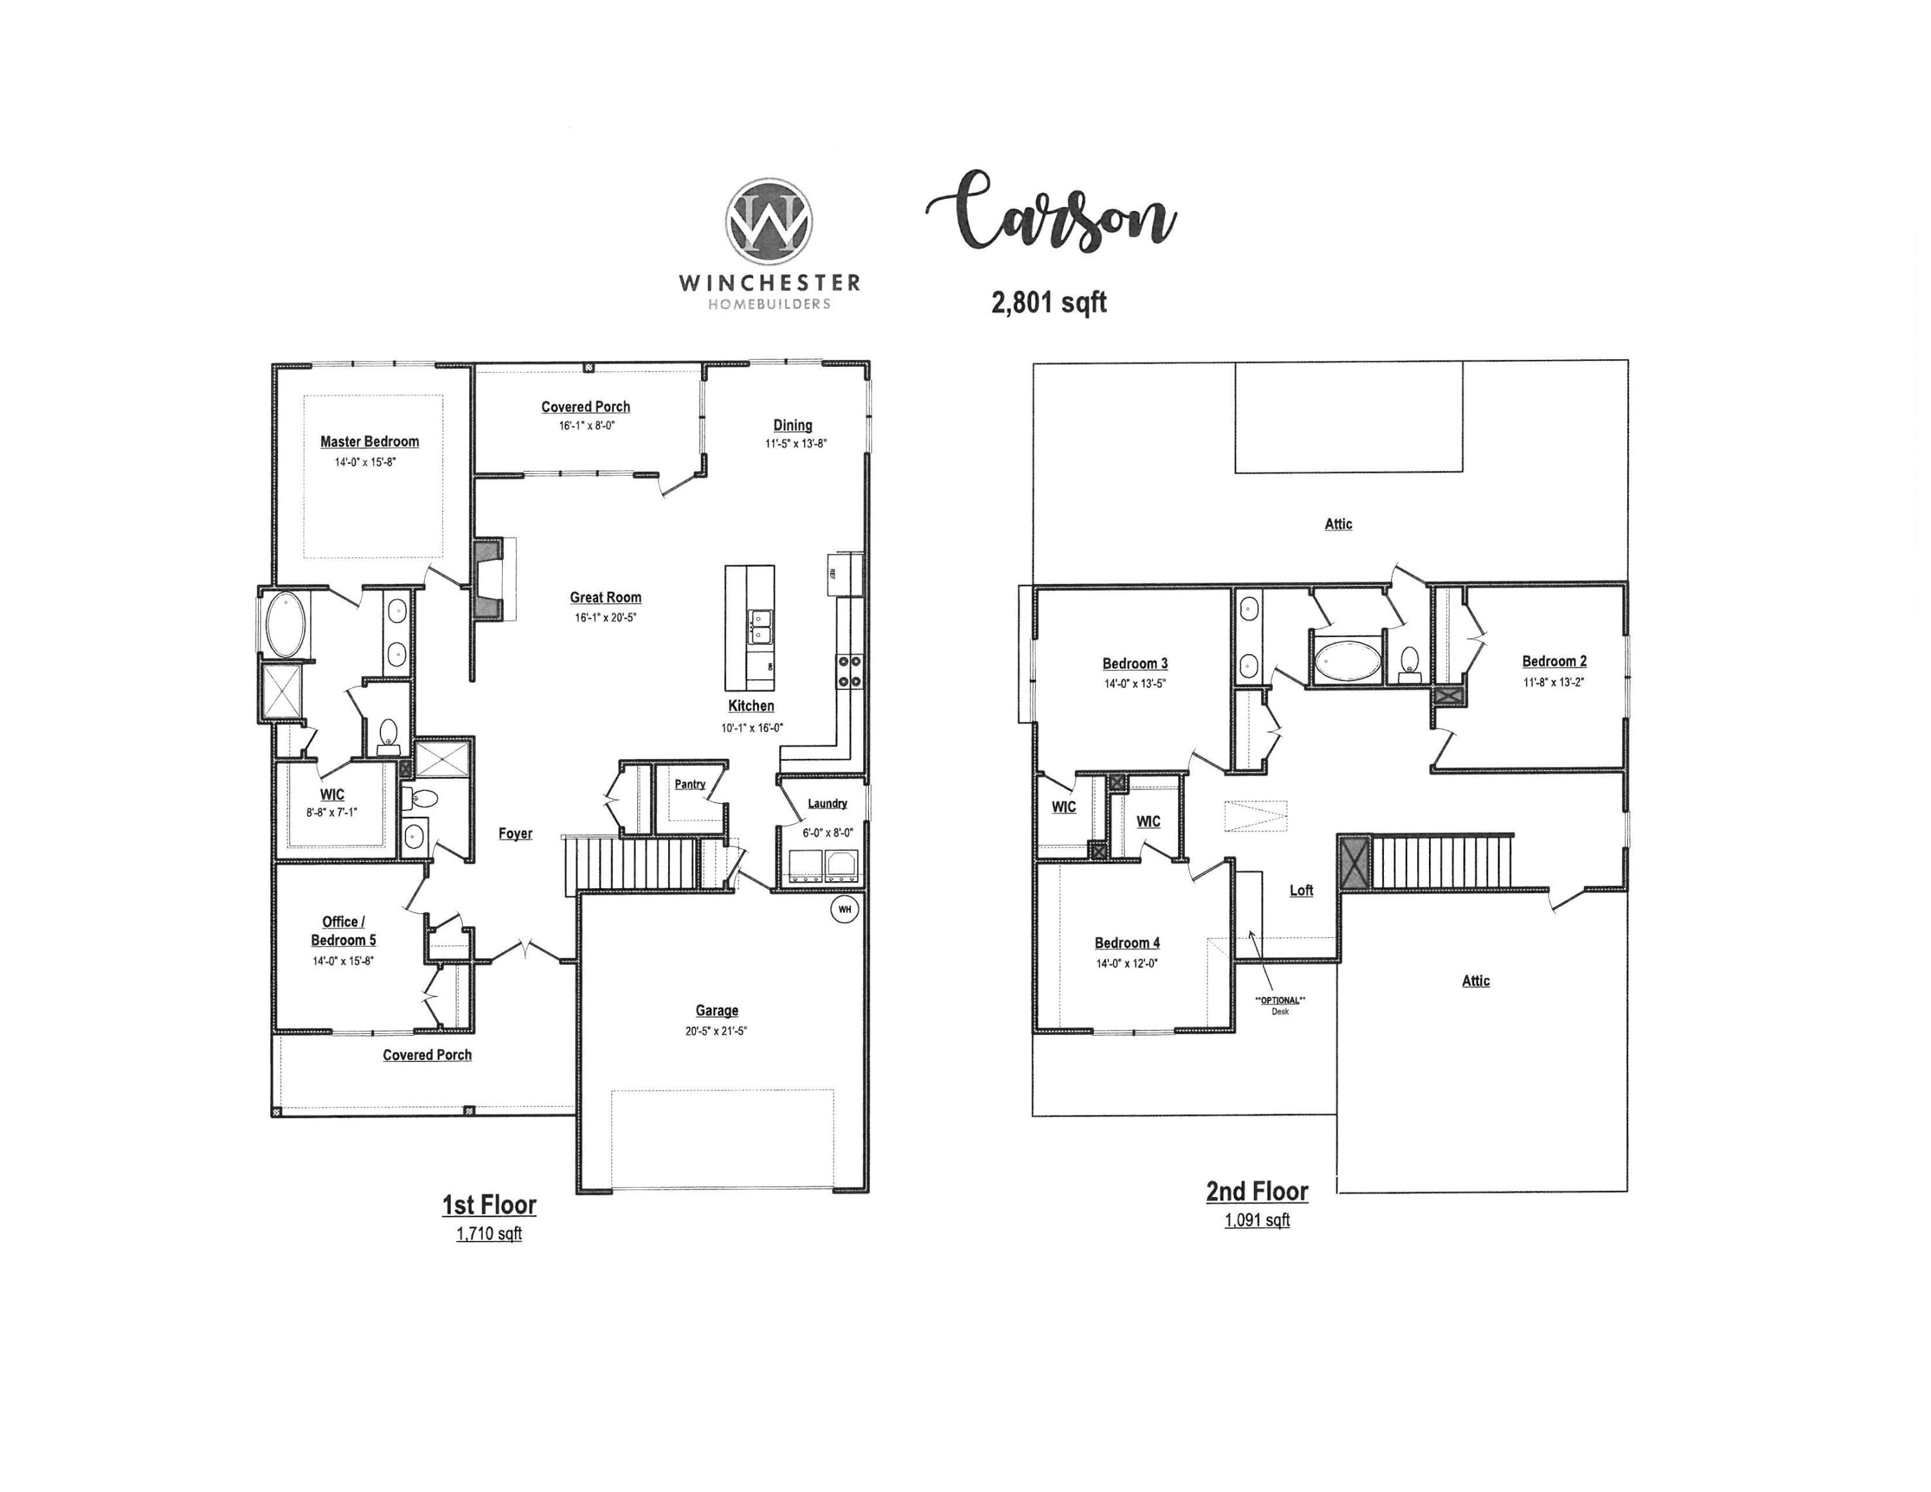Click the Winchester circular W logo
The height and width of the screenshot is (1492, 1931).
769,222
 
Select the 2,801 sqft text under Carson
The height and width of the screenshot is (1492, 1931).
1049,303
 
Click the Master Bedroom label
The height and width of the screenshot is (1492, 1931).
369,441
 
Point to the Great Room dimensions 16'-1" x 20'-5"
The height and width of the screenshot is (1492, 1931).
606,618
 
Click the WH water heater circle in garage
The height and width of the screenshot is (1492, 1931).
844,909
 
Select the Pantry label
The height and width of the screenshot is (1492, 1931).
689,784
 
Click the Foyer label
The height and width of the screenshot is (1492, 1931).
516,834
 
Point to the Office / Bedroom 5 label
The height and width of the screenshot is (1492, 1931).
343,931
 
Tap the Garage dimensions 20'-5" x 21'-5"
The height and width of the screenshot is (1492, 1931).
716,1030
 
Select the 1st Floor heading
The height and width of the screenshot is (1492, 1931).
489,1205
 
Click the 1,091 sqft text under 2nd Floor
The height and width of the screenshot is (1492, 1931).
1256,1220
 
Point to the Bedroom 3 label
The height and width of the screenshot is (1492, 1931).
1134,664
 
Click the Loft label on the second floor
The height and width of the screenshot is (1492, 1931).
1301,890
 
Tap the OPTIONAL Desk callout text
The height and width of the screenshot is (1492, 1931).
1280,1005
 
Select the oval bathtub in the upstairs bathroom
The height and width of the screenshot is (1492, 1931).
1347,660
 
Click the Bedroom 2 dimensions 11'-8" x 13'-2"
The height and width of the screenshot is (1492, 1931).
1553,682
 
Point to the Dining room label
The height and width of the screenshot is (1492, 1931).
792,425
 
